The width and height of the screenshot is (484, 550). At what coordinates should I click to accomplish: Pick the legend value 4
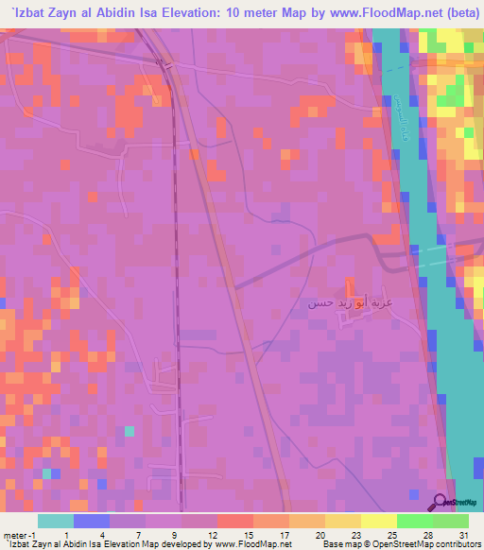pos(92,535)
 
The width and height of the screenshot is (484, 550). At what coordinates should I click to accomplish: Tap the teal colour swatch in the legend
pos(56,521)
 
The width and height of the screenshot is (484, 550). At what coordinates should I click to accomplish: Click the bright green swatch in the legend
pos(414,521)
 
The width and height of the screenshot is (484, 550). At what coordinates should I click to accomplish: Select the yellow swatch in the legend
pos(378,521)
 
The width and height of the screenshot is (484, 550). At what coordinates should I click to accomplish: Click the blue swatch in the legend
pos(92,521)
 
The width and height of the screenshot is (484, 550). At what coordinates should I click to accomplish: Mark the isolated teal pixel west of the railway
pos(130,431)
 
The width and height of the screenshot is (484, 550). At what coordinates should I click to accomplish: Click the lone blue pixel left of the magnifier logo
pos(413,493)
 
